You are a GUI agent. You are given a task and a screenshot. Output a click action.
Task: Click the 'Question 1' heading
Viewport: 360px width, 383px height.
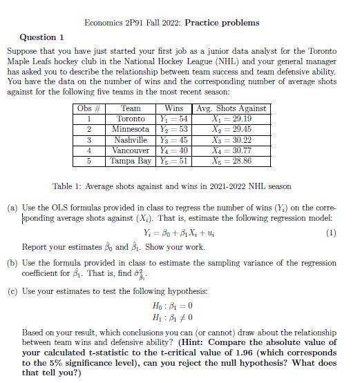coord(42,37)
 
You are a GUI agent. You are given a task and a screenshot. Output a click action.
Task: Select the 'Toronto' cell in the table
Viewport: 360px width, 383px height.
coord(131,119)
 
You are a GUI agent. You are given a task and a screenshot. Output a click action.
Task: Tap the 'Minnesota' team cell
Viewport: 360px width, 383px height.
coord(131,129)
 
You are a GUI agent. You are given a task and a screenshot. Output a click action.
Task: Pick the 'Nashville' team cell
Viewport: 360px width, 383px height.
coord(131,139)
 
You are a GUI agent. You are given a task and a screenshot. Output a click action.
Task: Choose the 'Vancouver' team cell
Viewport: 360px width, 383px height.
coord(131,150)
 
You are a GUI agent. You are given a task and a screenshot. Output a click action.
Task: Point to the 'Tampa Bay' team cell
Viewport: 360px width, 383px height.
coord(131,161)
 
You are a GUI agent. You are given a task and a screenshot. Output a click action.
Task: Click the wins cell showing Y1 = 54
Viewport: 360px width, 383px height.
coord(173,119)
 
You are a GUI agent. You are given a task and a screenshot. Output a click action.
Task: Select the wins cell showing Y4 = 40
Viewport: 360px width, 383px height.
coord(173,150)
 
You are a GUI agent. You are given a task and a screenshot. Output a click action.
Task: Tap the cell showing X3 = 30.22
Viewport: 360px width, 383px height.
coord(231,139)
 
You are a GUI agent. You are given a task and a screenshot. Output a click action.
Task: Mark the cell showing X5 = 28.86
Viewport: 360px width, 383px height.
coord(231,161)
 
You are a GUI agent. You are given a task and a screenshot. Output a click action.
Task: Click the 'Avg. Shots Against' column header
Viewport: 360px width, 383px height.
coord(231,108)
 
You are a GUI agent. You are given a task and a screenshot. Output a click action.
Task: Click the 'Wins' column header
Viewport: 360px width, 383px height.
coord(173,108)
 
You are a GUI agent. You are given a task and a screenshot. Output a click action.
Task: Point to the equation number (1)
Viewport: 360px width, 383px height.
coord(331,233)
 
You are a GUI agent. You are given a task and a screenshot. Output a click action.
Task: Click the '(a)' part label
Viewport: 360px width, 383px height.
coord(12,207)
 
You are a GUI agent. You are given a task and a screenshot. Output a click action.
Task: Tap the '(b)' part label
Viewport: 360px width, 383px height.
coord(12,263)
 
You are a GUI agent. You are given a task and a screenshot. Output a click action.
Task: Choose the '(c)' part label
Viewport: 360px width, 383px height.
coord(12,291)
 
